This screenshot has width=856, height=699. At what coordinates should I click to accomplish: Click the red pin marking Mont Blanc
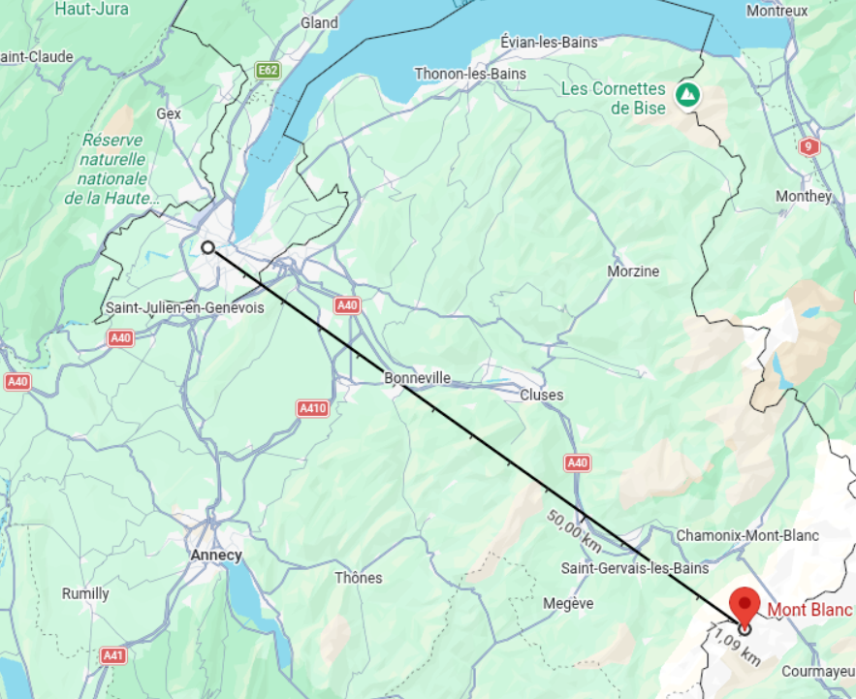tap(745, 602)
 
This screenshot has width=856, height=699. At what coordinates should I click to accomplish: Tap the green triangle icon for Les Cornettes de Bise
tap(687, 95)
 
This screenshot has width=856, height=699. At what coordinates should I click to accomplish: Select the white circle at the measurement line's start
tap(207, 247)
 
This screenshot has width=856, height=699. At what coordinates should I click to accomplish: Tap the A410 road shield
tap(312, 408)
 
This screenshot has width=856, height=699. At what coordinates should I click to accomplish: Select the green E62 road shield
tap(268, 71)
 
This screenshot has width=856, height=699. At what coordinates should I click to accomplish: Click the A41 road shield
tap(113, 655)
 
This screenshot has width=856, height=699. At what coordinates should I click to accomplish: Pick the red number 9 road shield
tap(809, 147)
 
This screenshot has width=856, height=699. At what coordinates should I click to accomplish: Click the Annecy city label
tap(217, 556)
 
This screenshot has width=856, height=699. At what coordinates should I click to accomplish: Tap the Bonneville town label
tap(418, 377)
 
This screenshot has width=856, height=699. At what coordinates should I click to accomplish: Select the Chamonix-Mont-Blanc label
tap(747, 535)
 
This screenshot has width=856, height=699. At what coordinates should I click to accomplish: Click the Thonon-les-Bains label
tap(470, 74)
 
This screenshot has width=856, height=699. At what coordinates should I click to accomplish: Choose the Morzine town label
tap(633, 271)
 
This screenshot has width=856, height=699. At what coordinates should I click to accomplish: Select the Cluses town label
tap(541, 395)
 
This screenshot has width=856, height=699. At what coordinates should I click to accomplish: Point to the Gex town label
tap(170, 113)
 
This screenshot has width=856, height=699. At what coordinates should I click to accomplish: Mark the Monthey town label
tap(804, 196)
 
